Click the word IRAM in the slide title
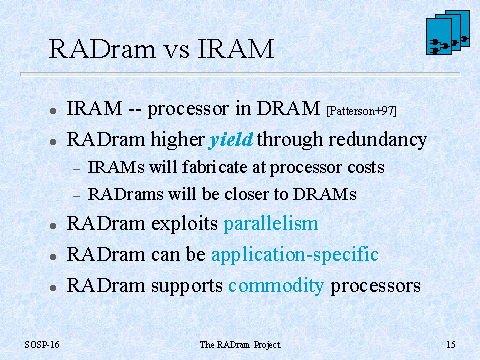236,49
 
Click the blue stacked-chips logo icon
448,32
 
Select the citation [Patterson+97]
362,111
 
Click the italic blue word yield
231,140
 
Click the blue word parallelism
271,223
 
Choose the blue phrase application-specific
295,255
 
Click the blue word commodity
276,286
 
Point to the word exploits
185,224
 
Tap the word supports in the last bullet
187,287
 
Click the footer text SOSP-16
42,344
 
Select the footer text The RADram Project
240,345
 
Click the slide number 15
451,344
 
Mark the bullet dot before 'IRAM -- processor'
53,111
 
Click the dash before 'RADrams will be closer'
77,196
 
